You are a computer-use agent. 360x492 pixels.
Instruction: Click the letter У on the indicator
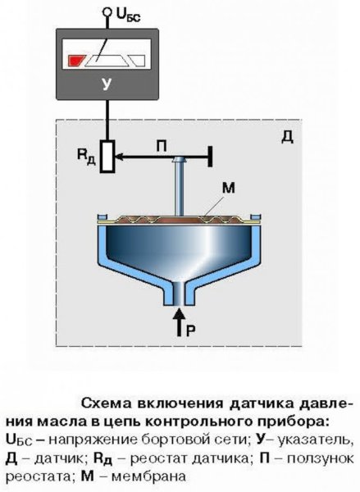pos(107,83)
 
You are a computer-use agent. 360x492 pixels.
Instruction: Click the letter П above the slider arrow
pos(163,144)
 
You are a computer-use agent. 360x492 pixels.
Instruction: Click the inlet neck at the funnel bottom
pos(179,290)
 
